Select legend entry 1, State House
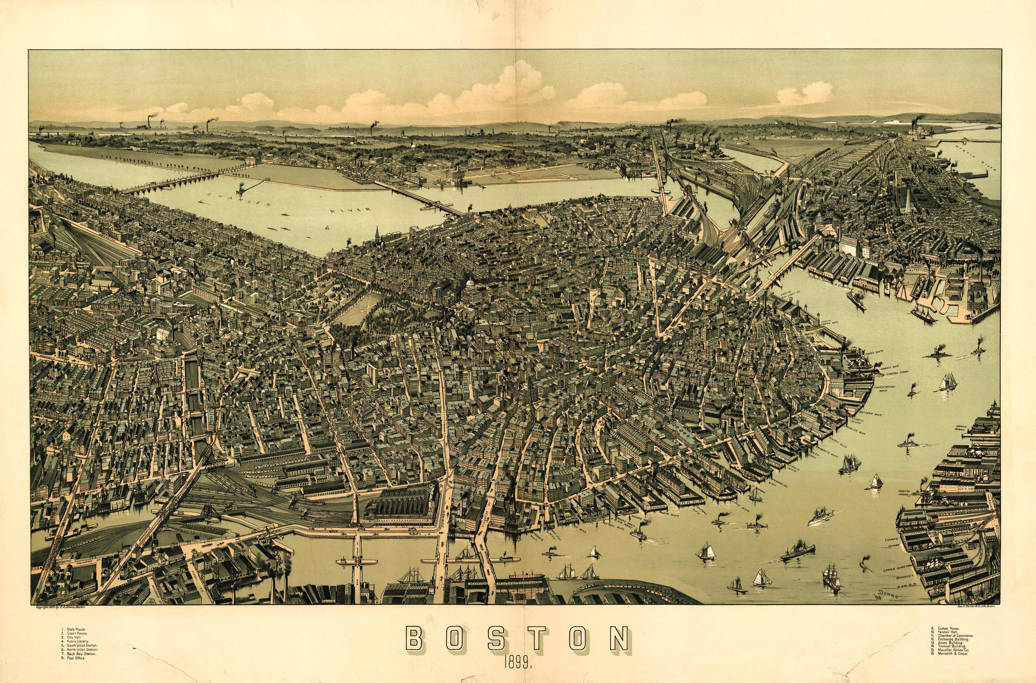tap(76, 629)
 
